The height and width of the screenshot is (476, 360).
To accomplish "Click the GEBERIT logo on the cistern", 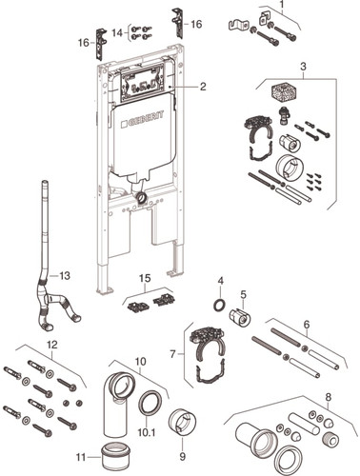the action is pyautogui.click(x=143, y=119).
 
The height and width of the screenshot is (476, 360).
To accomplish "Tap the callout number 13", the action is pyautogui.click(x=65, y=276).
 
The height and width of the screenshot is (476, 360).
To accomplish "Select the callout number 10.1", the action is pyautogui.click(x=147, y=432).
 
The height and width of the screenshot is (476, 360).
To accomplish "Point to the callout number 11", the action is pyautogui.click(x=81, y=457).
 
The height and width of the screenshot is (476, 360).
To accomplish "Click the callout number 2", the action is pyautogui.click(x=203, y=87).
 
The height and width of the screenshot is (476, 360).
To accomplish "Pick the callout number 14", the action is pyautogui.click(x=117, y=32).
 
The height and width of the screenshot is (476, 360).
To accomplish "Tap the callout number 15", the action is pyautogui.click(x=145, y=278).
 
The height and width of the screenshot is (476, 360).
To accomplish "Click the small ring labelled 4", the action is pyautogui.click(x=220, y=306).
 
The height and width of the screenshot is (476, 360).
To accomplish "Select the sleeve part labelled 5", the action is pyautogui.click(x=240, y=318).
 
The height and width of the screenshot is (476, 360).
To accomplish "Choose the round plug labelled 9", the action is pyautogui.click(x=182, y=424).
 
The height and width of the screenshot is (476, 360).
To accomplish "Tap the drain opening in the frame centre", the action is pyautogui.click(x=141, y=198).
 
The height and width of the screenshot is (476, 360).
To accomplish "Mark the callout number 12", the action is pyautogui.click(x=52, y=345).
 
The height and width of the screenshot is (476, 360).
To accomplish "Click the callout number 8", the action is pyautogui.click(x=329, y=396).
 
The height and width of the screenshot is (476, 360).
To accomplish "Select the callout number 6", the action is pyautogui.click(x=307, y=325).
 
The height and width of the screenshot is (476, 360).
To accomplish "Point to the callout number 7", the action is pyautogui.click(x=172, y=354).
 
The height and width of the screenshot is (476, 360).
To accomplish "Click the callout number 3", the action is pyautogui.click(x=304, y=67).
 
